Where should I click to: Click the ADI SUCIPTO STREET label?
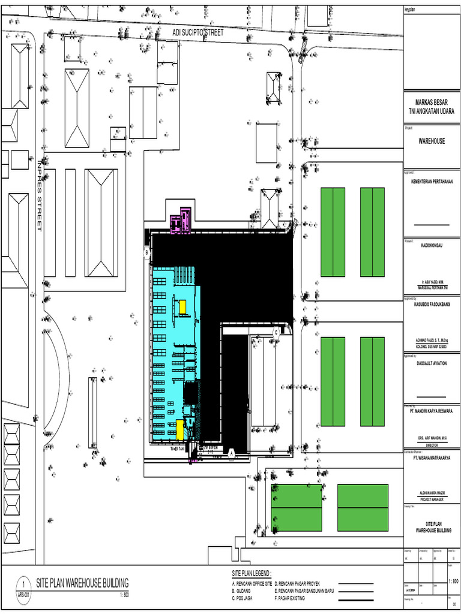[x=198, y=32]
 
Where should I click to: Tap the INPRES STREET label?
[x=40, y=195]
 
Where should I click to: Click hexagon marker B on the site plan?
[x=146, y=253]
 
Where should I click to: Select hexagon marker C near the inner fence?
[x=276, y=331]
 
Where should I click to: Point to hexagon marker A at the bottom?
[x=231, y=454]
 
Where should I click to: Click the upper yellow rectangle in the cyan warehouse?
[x=182, y=307]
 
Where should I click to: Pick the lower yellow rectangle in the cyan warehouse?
[x=179, y=429]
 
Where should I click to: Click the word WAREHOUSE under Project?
[x=432, y=141]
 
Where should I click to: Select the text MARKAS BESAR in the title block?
[x=432, y=103]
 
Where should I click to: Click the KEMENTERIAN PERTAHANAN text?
[x=432, y=181]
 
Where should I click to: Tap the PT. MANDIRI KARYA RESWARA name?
[x=432, y=411]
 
